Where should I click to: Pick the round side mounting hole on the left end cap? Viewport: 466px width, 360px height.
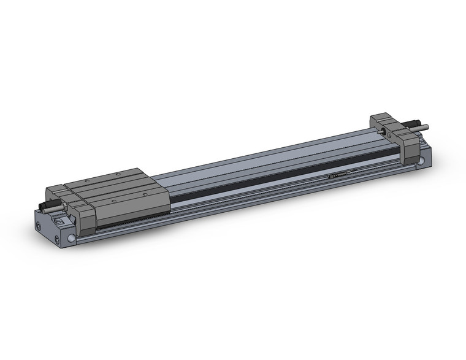(73, 237)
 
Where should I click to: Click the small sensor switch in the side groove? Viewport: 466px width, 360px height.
(336, 175)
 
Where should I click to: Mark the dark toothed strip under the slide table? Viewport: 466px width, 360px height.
(123, 223)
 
